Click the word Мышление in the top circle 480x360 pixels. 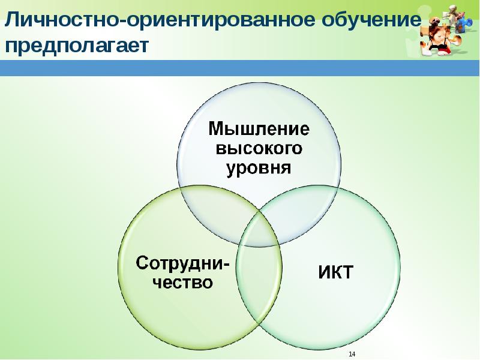tap(259, 128)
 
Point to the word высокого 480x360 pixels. tap(259, 148)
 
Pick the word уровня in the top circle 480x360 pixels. tap(259, 167)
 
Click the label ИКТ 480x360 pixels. tap(335, 273)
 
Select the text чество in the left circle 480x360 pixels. tap(182, 281)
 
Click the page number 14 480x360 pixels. tap(352, 353)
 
